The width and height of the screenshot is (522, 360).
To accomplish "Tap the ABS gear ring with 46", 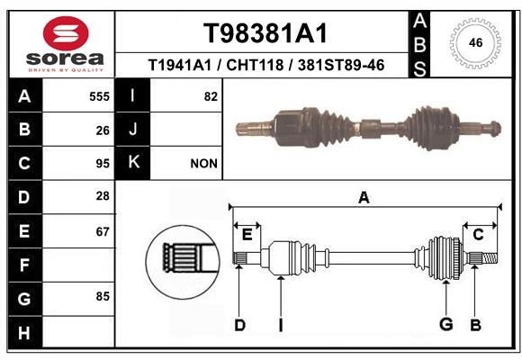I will (473, 41).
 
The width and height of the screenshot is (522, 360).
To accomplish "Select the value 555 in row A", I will (99, 96).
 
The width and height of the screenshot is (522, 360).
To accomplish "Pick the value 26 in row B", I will (103, 130).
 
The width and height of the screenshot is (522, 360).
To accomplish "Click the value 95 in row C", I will (103, 164).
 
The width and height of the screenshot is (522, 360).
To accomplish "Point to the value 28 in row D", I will (103, 196).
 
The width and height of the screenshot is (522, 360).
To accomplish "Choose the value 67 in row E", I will (103, 231).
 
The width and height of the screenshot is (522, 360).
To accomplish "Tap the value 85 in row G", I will (103, 295).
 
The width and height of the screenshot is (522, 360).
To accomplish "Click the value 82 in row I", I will (211, 96).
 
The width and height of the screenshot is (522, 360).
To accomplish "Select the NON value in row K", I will (204, 164).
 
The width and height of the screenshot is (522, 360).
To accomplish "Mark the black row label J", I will (133, 130).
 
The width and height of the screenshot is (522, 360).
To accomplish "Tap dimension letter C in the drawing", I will (479, 235).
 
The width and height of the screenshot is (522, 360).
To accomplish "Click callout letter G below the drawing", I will (445, 325).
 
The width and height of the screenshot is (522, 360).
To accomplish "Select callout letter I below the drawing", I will (280, 325).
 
